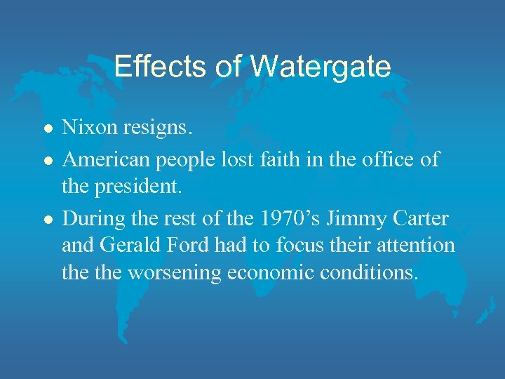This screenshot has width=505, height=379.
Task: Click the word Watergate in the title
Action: tap(320, 67)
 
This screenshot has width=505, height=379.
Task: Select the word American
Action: tap(107, 159)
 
